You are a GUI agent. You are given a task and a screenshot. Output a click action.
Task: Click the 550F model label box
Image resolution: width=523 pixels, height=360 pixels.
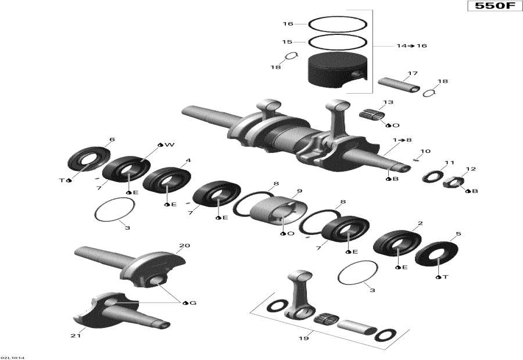[x=495, y=6]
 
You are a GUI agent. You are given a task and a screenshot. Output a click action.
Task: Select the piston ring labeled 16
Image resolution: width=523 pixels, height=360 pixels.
[x=338, y=17]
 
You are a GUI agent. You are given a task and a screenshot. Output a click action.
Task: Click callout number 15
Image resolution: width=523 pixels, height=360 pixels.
[x=287, y=42]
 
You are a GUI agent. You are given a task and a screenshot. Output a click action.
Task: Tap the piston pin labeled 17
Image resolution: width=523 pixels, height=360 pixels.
[x=399, y=85]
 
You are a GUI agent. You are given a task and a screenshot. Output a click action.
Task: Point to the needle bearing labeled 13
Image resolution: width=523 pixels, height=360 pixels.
[x=371, y=115]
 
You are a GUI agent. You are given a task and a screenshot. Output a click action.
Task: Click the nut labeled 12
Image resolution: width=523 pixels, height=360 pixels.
[x=454, y=181]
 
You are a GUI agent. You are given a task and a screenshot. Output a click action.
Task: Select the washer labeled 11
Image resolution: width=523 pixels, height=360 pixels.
[x=432, y=176]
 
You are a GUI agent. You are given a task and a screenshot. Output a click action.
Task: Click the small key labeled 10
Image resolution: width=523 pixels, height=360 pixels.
[x=416, y=159]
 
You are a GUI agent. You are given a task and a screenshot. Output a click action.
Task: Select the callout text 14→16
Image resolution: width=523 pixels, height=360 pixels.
[x=411, y=46]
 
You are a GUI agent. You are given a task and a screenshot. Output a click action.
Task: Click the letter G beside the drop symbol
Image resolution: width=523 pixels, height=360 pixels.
[x=193, y=303]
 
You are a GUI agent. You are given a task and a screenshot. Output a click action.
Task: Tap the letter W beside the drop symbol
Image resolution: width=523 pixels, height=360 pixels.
[x=170, y=145]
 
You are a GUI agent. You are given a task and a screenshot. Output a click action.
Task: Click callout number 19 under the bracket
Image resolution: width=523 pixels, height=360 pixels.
[x=303, y=338]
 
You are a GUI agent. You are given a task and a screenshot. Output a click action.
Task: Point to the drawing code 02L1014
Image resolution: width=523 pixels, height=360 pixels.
[x=12, y=358]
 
